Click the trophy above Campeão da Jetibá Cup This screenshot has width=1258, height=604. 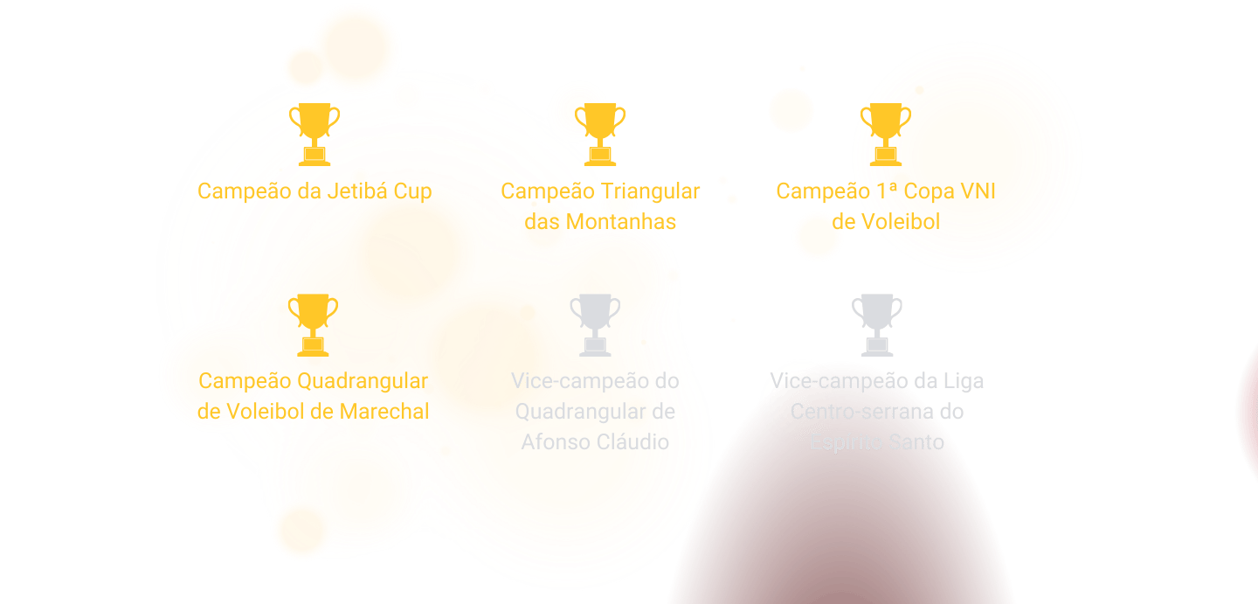pyautogui.click(x=314, y=134)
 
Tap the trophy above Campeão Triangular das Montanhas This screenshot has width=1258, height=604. pyautogui.click(x=600, y=134)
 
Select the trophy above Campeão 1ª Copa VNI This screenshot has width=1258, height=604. pyautogui.click(x=886, y=134)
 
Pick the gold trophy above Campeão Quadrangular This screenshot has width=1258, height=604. pyautogui.click(x=314, y=324)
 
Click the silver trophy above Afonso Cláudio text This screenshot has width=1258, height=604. pyautogui.click(x=596, y=324)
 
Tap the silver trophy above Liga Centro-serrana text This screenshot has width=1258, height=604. pyautogui.click(x=877, y=324)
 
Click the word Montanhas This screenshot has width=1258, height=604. pyautogui.click(x=621, y=221)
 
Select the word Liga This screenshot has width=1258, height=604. pyautogui.click(x=963, y=382)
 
